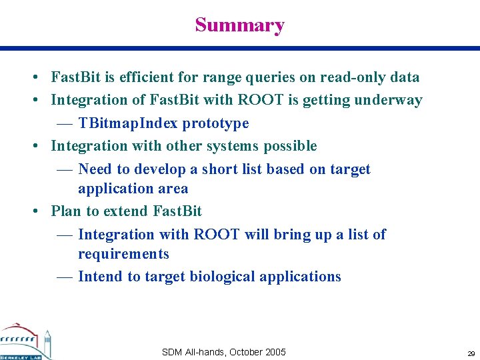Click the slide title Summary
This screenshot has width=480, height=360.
click(x=239, y=25)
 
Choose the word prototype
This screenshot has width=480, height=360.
click(x=215, y=123)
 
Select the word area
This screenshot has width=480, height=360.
click(x=173, y=189)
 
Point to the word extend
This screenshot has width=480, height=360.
click(x=126, y=211)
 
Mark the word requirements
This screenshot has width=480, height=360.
click(x=123, y=254)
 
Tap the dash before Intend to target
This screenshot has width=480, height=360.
click(x=65, y=277)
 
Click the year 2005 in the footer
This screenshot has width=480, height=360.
click(x=275, y=352)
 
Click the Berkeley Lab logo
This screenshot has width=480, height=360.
click(x=25, y=342)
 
